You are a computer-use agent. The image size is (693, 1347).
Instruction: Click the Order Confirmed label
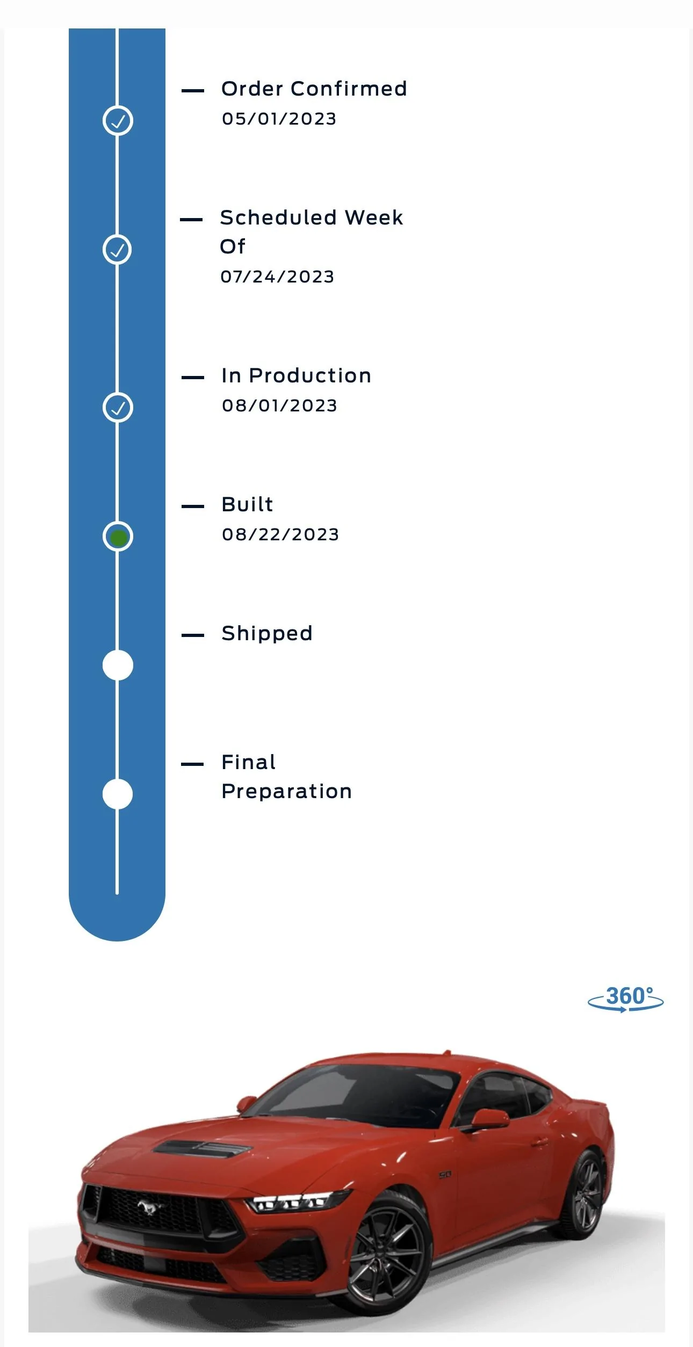314,89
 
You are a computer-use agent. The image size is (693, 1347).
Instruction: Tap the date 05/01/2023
279,119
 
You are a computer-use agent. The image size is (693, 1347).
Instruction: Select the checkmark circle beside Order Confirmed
118,120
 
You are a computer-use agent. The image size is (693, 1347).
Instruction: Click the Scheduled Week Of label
312,232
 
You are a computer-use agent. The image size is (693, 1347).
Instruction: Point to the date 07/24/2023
278,277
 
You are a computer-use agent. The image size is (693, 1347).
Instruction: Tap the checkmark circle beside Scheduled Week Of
117,249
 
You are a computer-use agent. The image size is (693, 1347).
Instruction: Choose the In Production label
297,375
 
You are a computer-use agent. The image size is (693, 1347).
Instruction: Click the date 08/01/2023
280,405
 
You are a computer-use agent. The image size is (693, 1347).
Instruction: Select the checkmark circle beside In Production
118,407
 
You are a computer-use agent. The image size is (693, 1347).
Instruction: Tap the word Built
248,504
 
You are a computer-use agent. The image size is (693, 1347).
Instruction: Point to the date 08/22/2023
281,534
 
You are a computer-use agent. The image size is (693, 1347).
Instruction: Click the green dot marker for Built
118,537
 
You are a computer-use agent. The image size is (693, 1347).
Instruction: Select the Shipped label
267,634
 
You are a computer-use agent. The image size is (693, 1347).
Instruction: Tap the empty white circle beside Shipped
118,665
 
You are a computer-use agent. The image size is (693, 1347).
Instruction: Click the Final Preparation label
287,777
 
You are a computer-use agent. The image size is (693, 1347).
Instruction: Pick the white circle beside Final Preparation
118,794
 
